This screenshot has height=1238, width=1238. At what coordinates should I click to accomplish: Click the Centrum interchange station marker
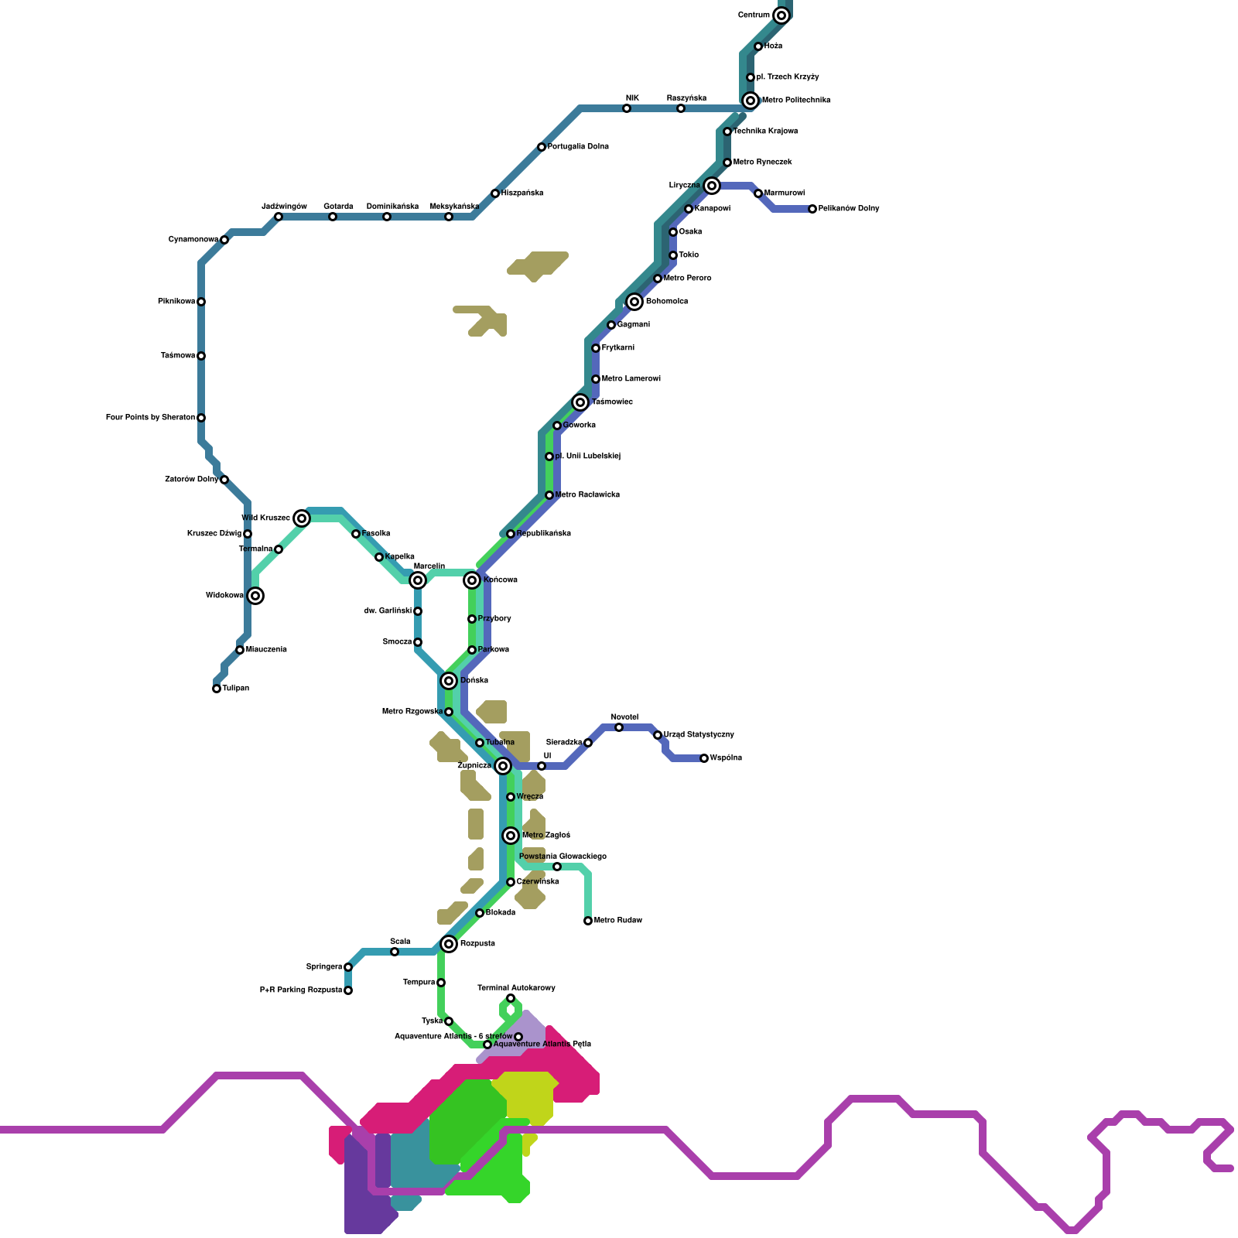[x=781, y=15]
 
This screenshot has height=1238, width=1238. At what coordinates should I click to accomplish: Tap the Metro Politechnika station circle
[x=751, y=101]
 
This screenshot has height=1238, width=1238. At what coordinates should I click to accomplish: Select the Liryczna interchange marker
[x=712, y=186]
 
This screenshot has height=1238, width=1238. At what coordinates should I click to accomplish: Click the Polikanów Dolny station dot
[x=812, y=209]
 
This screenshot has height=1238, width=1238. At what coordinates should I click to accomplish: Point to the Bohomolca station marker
[x=634, y=302]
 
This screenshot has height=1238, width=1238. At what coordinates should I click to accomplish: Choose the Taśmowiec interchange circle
[x=580, y=402]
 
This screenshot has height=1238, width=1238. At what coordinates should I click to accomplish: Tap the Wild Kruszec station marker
[x=302, y=518]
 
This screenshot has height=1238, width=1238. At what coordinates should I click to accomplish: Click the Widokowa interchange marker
[x=255, y=596]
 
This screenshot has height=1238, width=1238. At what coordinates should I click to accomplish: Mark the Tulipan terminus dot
[x=217, y=689]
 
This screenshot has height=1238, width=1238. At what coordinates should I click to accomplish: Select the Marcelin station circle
[x=418, y=580]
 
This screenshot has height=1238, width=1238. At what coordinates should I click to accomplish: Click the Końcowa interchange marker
[x=472, y=580]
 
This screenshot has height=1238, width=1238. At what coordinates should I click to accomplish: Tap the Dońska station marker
[x=449, y=681]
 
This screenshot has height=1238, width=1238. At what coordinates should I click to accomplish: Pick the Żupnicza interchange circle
[x=503, y=766]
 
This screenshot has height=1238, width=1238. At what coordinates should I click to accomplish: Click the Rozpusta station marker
[x=449, y=944]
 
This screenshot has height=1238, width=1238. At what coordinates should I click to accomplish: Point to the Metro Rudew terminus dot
[x=588, y=921]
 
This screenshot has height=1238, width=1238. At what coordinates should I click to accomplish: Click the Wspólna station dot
[x=704, y=758]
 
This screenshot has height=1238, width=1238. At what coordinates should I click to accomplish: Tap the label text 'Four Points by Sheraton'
[x=150, y=418]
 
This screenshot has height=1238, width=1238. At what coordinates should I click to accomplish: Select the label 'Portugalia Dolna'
[x=578, y=147]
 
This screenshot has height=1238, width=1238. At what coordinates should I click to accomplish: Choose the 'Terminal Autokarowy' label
[x=516, y=988]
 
